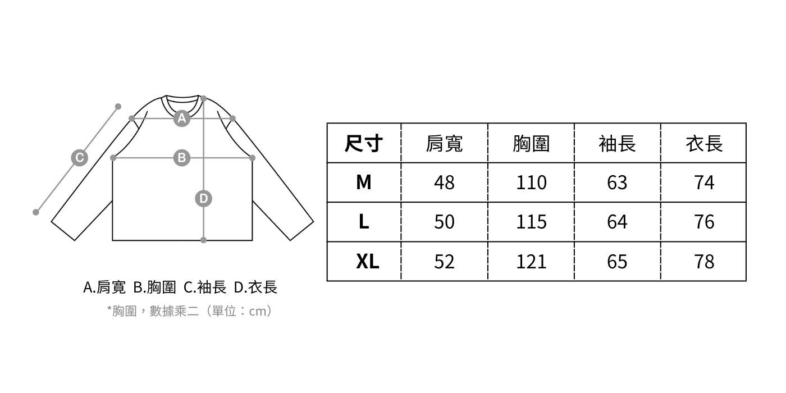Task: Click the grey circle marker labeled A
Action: (x=181, y=118)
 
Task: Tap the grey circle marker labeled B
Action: (x=181, y=158)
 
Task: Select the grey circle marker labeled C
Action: (x=79, y=158)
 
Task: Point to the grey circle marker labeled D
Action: (x=203, y=198)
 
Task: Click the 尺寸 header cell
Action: (x=364, y=144)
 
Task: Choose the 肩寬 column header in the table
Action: (x=444, y=144)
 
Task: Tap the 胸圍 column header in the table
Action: (x=531, y=144)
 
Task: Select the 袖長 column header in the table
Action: (x=617, y=144)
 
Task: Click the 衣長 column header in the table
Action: (x=703, y=144)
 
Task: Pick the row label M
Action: (x=364, y=182)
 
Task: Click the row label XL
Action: (x=367, y=261)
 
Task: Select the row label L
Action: (x=364, y=222)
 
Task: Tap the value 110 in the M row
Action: (x=531, y=182)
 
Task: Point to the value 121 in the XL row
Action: (x=531, y=261)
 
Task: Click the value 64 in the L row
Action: (x=617, y=222)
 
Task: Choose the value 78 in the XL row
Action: (x=704, y=261)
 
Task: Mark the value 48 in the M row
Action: (x=444, y=182)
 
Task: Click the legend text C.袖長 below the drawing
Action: (x=205, y=287)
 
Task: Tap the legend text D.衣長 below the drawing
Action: (x=255, y=287)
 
